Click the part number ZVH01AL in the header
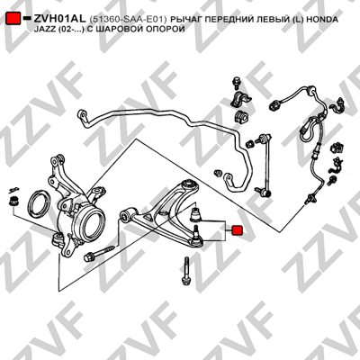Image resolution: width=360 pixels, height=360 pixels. coord(59,19)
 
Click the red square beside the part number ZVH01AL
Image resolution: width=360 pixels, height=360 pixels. coord(13,18)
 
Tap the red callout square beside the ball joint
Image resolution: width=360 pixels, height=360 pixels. coord(237,230)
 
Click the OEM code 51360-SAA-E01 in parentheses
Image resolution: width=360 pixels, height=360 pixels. coord(128,20)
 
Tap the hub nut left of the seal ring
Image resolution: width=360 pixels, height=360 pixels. coord(13,201)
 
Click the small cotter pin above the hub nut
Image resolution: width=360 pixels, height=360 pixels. coord(13,189)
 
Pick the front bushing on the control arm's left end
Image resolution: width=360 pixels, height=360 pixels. coord(125,215)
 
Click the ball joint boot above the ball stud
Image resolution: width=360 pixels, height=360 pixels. coord(196,212)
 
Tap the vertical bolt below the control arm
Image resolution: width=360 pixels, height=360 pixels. coord(186,270)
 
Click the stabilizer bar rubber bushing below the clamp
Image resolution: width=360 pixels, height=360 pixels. coord(239,115)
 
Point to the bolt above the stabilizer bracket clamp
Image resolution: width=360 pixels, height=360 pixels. coord(236,83)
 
